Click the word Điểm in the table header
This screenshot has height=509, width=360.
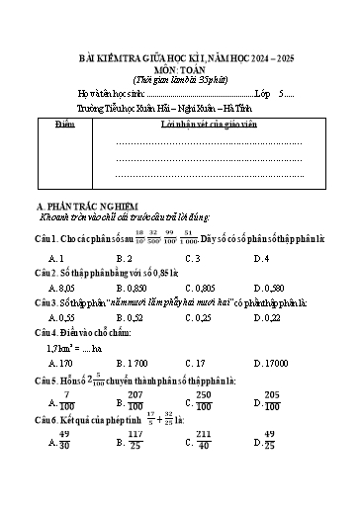[x=65, y=127]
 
